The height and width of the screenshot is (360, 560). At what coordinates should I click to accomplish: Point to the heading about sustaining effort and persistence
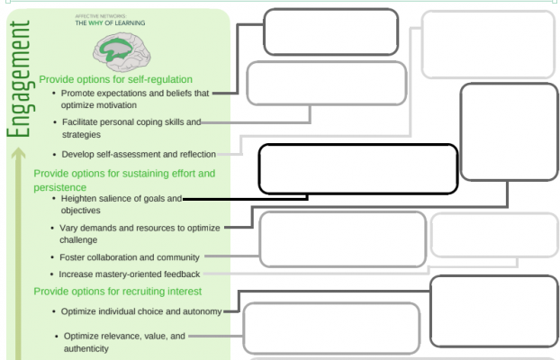124,179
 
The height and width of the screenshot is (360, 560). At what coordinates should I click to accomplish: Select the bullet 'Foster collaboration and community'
129,258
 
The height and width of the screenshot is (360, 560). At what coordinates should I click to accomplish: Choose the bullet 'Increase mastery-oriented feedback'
130,274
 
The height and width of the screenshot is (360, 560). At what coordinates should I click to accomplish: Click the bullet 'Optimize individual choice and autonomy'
140,311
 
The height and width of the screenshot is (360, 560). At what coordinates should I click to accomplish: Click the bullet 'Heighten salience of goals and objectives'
120,203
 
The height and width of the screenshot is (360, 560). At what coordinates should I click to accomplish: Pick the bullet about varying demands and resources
140,234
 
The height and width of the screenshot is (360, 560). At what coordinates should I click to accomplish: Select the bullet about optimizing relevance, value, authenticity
124,342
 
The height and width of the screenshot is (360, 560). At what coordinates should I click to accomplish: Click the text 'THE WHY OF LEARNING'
111,22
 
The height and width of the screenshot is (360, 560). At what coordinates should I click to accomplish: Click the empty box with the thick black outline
357,169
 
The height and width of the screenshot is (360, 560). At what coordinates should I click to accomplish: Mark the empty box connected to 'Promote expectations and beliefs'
330,31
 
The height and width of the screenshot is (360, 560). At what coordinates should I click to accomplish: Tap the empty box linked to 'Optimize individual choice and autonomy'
493,310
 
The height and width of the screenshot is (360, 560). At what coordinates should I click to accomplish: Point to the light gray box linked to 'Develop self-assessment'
488,44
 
